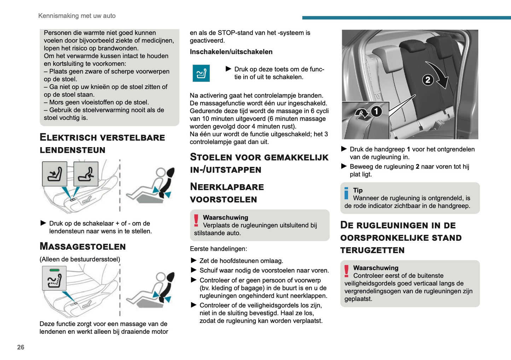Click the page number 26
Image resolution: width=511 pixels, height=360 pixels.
pos(21,347)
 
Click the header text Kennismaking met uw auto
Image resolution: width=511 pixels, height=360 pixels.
pos(77,16)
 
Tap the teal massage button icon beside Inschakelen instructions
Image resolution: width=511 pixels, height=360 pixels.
pos(201,73)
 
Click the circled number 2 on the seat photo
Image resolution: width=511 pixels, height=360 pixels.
pos(428,80)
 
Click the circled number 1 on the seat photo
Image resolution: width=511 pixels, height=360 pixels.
pos(376,111)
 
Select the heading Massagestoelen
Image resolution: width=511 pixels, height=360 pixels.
pos(82,246)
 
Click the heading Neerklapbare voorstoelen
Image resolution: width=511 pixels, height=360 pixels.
pos(227,193)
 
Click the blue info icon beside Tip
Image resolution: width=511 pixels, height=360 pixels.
pos(346,193)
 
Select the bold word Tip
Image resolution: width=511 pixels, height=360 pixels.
pos(358,190)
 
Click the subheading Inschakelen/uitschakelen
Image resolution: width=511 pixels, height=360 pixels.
pos(231,52)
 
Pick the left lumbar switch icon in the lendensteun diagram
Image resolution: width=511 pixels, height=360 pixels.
pos(54,174)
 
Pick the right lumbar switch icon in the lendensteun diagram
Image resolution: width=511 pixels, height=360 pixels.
pos(86,174)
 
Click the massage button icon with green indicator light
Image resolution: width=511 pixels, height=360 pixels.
pos(54,278)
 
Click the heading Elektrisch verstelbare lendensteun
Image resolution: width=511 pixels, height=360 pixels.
pos(102,144)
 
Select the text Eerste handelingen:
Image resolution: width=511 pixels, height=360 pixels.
pos(218,249)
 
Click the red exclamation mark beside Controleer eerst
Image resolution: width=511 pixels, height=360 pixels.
pos(347,271)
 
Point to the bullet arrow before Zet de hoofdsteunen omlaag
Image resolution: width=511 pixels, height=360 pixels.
pos(193,261)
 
